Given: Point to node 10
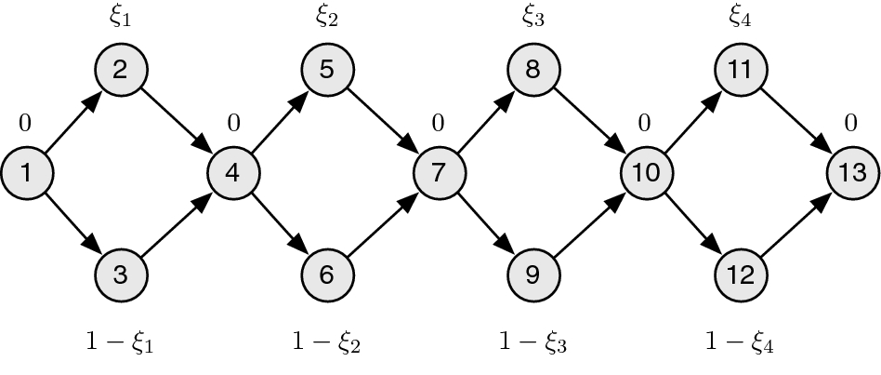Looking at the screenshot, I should click(x=646, y=172).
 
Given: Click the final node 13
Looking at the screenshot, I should click(x=852, y=172).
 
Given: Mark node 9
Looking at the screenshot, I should click(x=533, y=275).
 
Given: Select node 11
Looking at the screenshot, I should click(x=739, y=70).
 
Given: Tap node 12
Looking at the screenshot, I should click(x=739, y=275).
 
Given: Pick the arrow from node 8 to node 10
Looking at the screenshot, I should click(x=589, y=121).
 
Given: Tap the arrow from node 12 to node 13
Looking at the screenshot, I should click(x=796, y=223).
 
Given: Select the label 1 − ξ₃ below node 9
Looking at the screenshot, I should click(x=533, y=343).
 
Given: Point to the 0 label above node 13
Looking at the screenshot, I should click(x=849, y=123).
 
